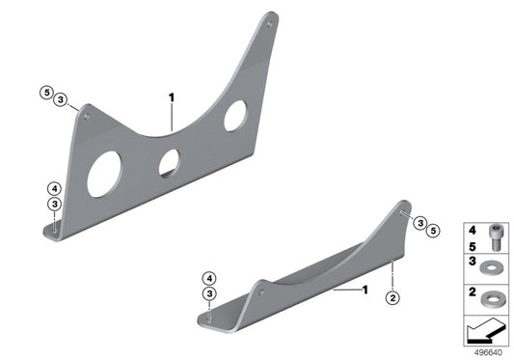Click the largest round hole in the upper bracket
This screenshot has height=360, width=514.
[x=104, y=174]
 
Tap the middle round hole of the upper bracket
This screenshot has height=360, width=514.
[x=169, y=163]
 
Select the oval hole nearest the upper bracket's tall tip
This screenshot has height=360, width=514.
[x=235, y=116]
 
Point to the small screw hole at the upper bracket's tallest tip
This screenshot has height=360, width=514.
[x=269, y=24]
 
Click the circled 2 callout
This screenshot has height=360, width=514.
[x=392, y=298]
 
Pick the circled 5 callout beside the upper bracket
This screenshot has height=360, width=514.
[x=46, y=93]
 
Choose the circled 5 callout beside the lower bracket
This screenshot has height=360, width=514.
[x=433, y=231]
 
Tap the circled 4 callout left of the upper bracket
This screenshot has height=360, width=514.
[x=54, y=189]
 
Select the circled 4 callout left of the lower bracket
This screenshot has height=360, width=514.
[x=209, y=279]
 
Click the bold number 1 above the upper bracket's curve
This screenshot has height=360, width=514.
[x=172, y=97]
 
